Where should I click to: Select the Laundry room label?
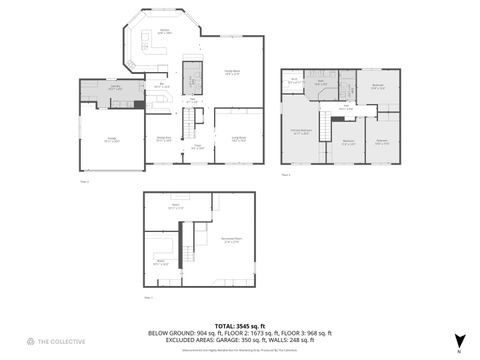coord(115,88)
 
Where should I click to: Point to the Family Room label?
coord(232,71)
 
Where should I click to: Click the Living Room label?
coord(240,138)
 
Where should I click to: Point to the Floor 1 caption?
coord(148,297)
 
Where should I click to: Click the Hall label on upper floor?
coord(346,105)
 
